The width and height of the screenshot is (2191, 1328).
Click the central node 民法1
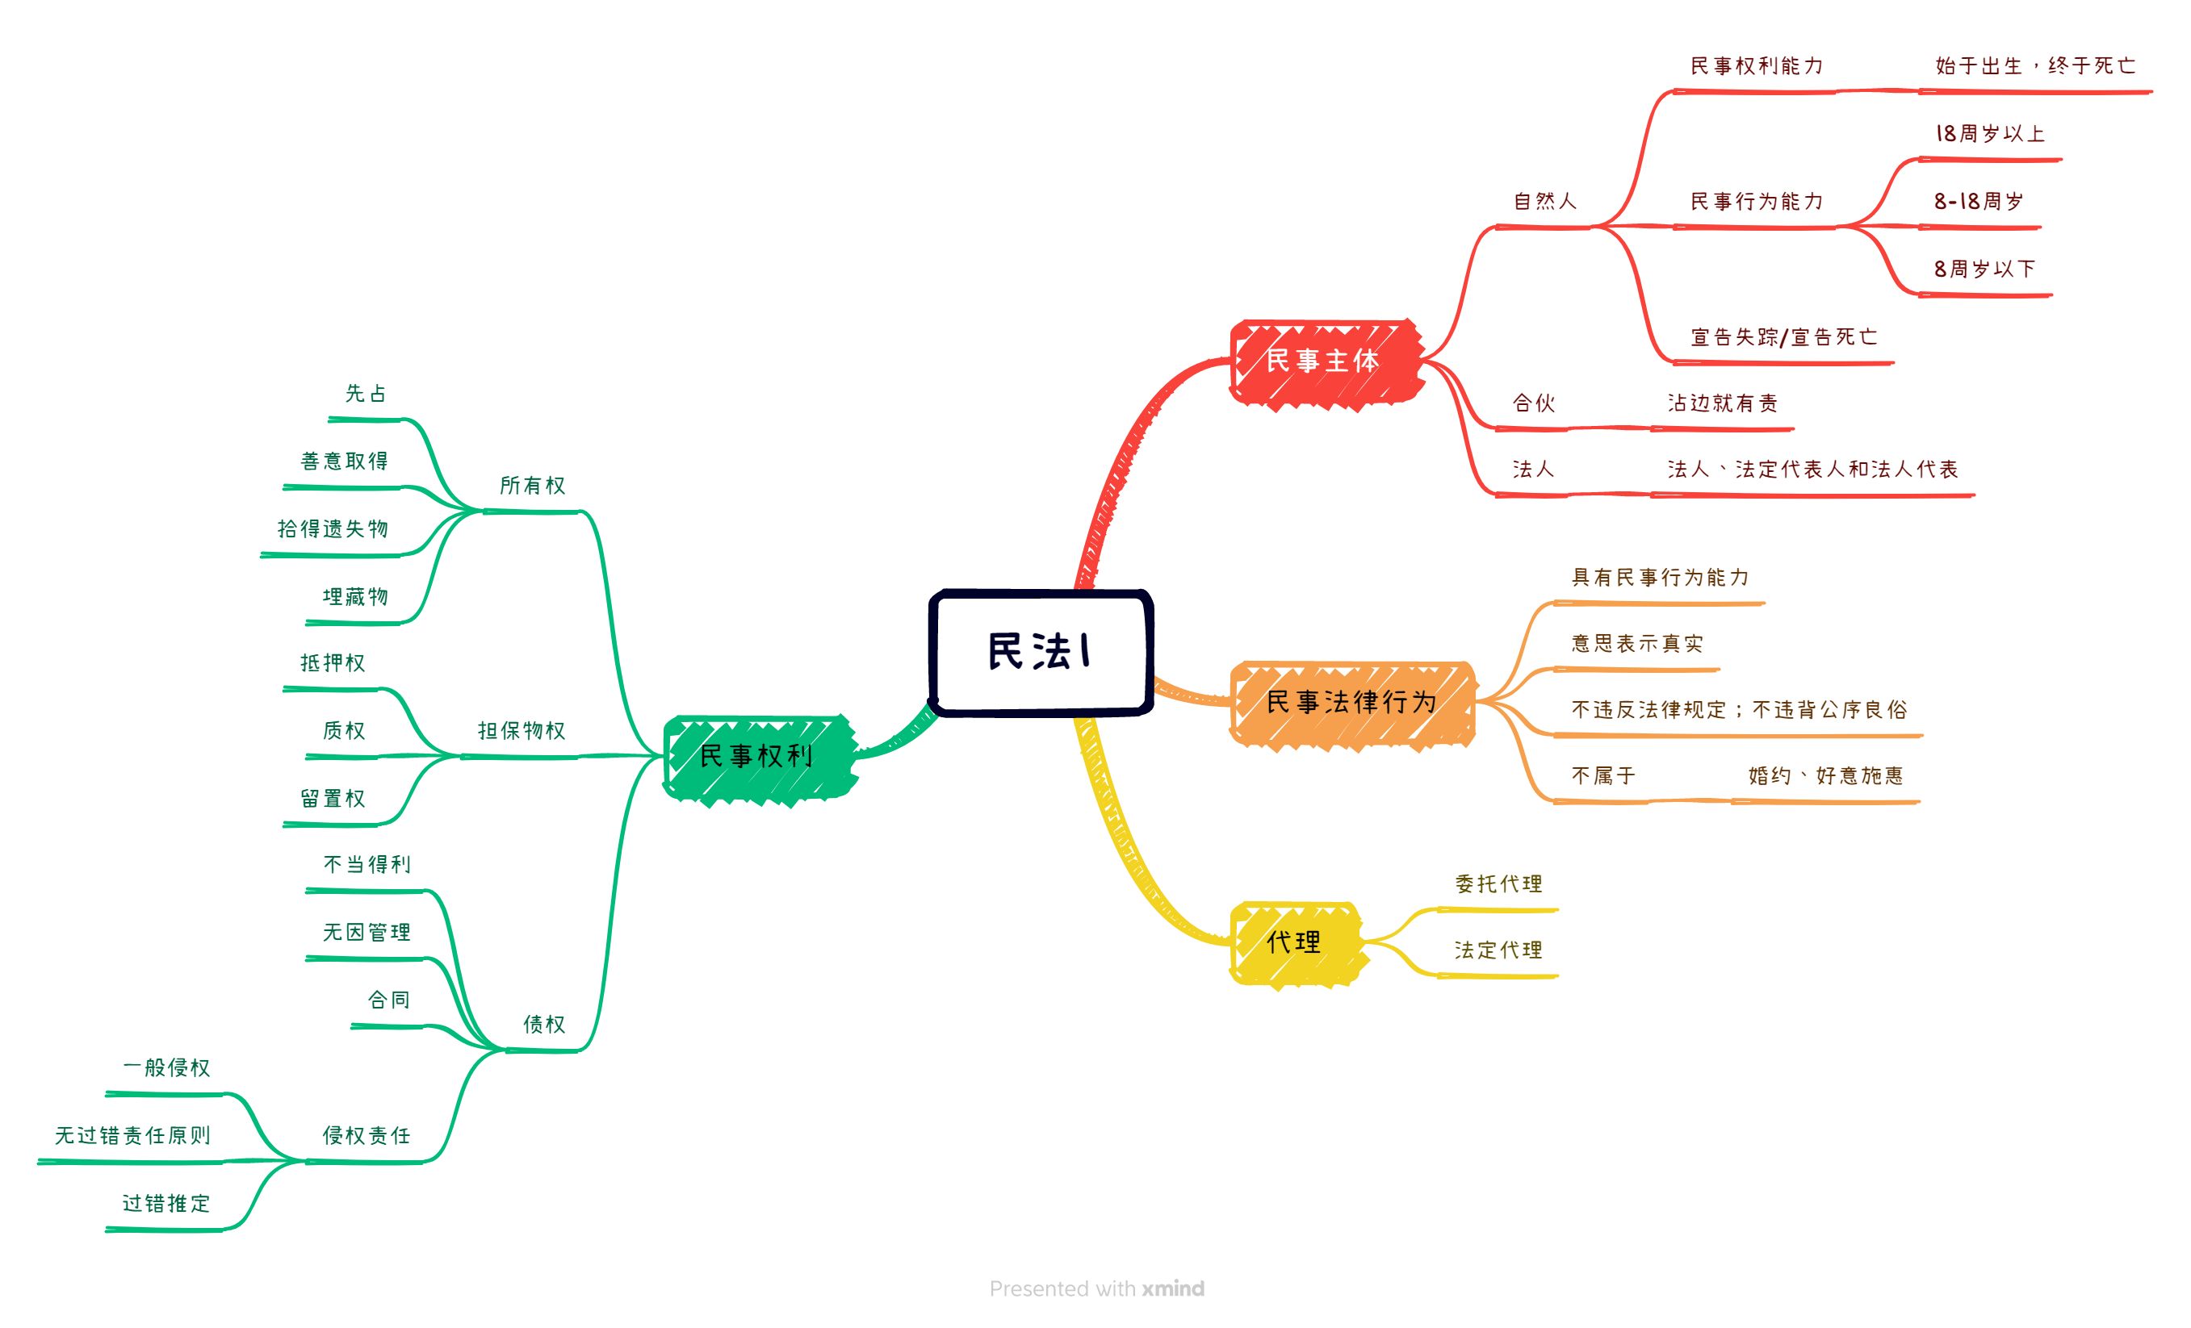[x=1041, y=652]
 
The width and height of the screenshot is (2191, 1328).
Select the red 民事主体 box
[x=1323, y=361]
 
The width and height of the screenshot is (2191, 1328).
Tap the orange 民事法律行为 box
[x=1351, y=702]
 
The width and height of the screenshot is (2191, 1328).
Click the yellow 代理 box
[x=1294, y=942]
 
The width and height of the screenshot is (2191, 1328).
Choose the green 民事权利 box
[x=756, y=757]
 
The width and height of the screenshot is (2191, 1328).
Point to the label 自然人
[x=1545, y=202]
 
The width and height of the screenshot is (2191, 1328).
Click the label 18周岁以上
[x=1990, y=134]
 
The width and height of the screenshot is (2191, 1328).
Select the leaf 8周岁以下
[x=1984, y=269]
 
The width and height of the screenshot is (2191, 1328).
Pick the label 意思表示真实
[x=1637, y=644]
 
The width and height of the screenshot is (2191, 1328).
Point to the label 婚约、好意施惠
[x=1825, y=776]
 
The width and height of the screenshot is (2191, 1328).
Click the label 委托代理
[x=1498, y=884]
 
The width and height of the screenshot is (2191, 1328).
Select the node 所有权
[x=533, y=486]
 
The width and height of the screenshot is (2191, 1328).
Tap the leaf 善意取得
[x=345, y=461]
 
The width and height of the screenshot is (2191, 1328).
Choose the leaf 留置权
[x=333, y=799]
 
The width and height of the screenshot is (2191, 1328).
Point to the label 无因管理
[x=367, y=933]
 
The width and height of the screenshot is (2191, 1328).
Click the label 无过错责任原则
[x=133, y=1136]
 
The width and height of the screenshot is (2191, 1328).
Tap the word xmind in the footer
[x=1173, y=1289]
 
